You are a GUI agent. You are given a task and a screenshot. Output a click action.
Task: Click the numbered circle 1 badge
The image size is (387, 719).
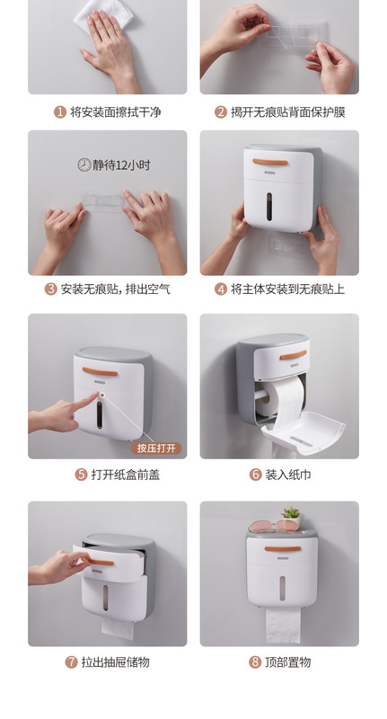point(60,112)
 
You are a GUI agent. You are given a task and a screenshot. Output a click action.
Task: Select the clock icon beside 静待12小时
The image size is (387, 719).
point(84,164)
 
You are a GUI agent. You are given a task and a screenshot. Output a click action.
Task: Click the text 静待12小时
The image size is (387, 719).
point(118,164)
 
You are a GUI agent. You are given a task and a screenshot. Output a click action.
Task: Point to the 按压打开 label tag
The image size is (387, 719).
point(158,448)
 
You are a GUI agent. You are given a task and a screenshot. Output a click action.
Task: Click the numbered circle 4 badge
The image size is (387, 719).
point(221,289)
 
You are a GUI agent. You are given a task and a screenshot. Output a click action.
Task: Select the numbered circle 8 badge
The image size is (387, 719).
point(255,662)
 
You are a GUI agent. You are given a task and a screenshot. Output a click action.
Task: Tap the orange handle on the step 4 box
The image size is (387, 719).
point(269,163)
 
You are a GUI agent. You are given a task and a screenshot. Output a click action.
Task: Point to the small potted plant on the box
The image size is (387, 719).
point(290,518)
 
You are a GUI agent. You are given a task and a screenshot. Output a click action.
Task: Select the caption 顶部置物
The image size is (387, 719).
point(287,662)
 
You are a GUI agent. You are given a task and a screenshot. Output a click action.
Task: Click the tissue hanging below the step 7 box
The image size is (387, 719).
point(117,627)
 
